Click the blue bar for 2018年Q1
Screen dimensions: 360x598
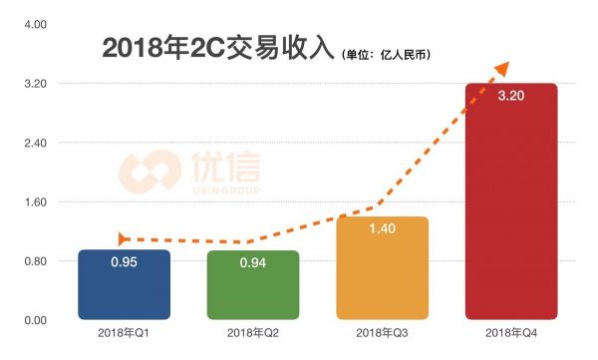point(124,285)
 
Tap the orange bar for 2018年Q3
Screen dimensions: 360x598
point(383,269)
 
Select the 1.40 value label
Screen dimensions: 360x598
point(383,229)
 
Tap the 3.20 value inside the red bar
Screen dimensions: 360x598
point(511,97)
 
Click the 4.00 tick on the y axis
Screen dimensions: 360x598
point(22,24)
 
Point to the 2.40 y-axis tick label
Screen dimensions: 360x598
point(22,143)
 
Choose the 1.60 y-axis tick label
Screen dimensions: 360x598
point(22,202)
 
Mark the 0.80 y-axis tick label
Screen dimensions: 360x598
point(22,261)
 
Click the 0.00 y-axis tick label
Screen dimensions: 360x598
point(22,320)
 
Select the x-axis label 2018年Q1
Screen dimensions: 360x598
point(124,333)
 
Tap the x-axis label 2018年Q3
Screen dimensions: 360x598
point(383,333)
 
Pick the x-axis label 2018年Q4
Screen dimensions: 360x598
point(511,333)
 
